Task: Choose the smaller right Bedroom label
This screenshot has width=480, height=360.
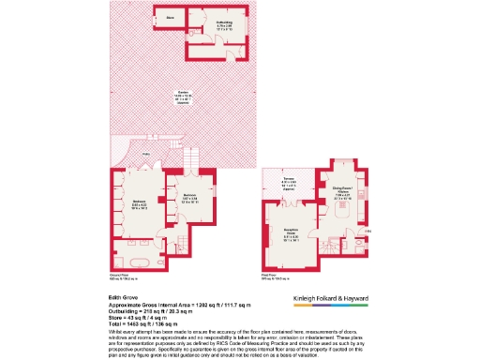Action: point(190,199)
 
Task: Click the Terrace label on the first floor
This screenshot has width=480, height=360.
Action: point(291,185)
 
